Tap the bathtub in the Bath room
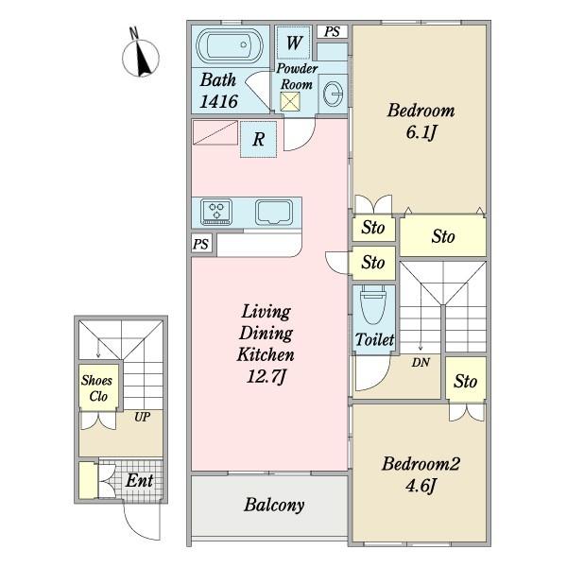click(230, 45)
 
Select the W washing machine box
click(294, 43)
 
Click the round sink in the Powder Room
click(333, 94)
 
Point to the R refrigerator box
click(259, 139)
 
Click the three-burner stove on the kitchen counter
click(216, 212)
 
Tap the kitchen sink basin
click(274, 213)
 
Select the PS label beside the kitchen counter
click(201, 244)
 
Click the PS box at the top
click(332, 32)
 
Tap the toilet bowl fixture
click(374, 304)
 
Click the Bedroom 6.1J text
click(421, 121)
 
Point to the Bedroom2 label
click(421, 464)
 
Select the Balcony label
click(274, 505)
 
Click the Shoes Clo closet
click(98, 387)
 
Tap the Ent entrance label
click(139, 481)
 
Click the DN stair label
click(421, 362)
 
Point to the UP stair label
click(142, 417)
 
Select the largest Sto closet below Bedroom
click(443, 236)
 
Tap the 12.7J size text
click(266, 377)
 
